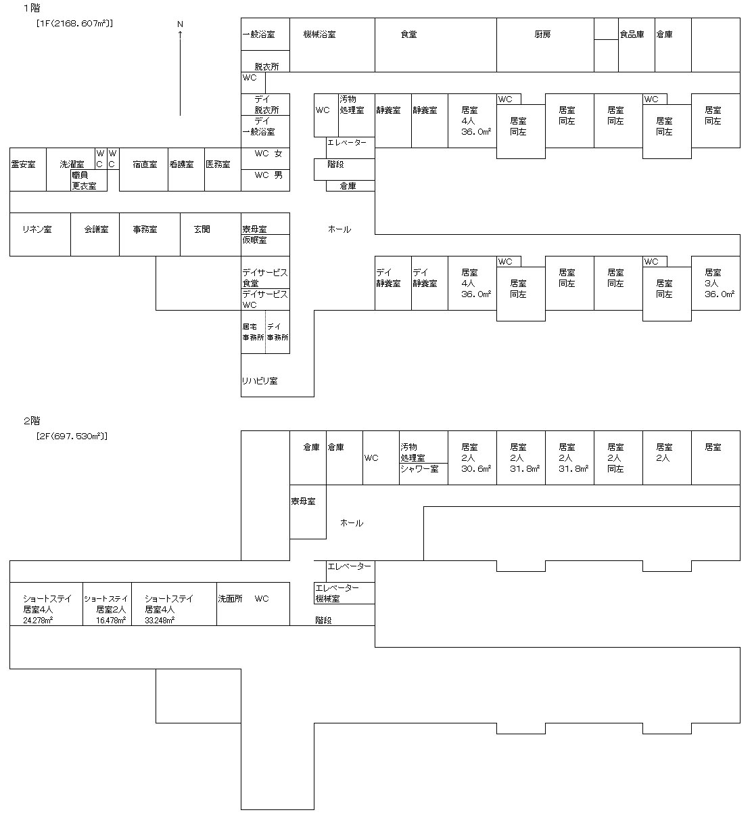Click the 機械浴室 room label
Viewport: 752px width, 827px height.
319,35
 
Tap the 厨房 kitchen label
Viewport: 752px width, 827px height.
542,35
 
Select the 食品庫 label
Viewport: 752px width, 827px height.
632,35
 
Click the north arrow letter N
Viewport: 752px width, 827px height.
180,24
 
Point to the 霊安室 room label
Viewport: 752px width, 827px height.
24,164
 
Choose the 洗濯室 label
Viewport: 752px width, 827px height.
72,164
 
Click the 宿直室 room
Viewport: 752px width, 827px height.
145,164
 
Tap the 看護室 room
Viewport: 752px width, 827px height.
181,164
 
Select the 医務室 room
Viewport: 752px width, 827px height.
218,164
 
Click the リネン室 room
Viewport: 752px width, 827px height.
37,229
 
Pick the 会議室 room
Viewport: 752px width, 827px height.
96,229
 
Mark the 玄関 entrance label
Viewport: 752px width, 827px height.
202,229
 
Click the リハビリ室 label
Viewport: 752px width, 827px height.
260,381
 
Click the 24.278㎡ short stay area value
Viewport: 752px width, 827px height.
38,620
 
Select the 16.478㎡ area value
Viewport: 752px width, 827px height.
111,620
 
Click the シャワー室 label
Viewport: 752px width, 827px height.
419,468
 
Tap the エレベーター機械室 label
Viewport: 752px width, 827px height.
343,594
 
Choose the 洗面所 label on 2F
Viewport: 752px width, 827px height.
230,599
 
